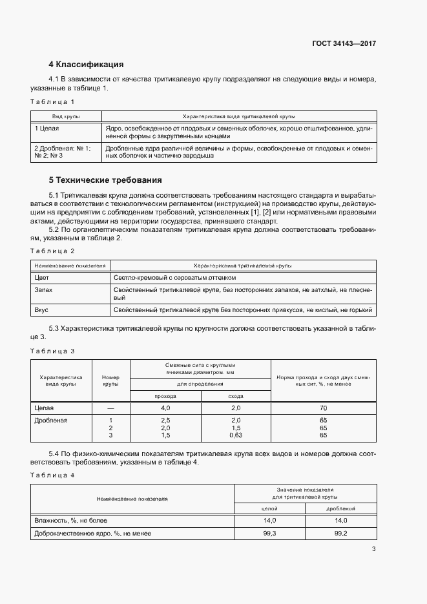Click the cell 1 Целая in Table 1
(48, 129)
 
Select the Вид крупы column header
(66, 116)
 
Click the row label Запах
(43, 290)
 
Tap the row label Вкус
(41, 310)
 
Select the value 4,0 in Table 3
(165, 408)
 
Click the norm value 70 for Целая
(324, 408)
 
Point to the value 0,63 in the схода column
(236, 435)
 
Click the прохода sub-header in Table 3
(165, 395)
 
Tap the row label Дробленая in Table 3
(50, 420)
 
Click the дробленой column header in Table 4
(341, 508)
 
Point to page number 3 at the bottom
(373, 549)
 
